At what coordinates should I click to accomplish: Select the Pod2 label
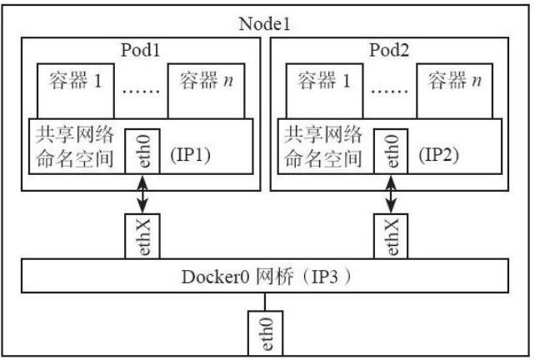tap(388, 47)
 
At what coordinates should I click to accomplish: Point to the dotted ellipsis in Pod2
tap(387, 87)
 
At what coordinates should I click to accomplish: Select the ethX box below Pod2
tap(390, 237)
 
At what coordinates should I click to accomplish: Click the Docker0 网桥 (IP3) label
tap(267, 277)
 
